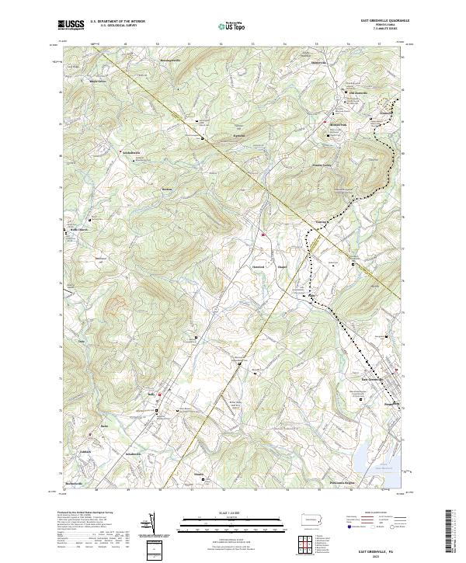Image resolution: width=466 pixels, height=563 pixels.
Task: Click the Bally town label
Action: coord(153,394)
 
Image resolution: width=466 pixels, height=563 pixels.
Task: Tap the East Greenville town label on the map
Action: coord(374,380)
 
